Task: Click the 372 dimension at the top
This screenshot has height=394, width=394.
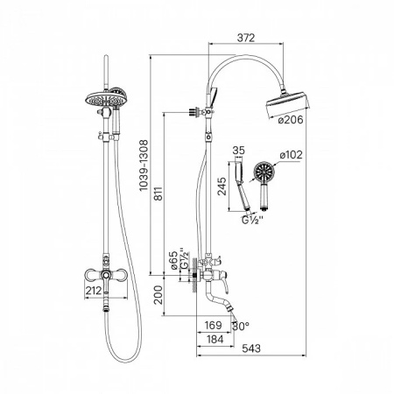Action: coord(246,38)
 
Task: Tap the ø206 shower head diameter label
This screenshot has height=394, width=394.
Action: coord(291,120)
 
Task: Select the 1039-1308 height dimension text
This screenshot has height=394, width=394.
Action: coord(144,165)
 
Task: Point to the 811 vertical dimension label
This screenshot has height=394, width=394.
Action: coord(158,193)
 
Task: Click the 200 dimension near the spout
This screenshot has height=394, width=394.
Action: coord(158,295)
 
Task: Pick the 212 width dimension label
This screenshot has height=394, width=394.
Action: coord(94,291)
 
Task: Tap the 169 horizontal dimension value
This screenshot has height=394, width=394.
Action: coord(214,325)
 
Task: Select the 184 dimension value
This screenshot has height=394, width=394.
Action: coord(215,339)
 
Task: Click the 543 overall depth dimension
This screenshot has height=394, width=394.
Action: coord(251,348)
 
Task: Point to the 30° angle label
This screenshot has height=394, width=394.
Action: coord(241,326)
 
